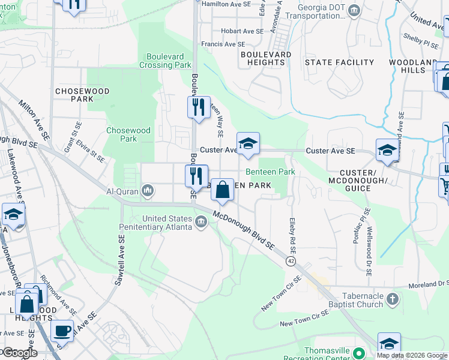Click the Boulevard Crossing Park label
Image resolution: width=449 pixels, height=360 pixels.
click(165, 61)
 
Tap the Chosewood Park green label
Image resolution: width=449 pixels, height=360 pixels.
click(121, 134)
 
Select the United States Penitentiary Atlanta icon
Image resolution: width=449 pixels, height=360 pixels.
click(200, 223)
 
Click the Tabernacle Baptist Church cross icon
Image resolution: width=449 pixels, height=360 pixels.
click(392, 298)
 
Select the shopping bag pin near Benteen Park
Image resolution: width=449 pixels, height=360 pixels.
click(222, 190)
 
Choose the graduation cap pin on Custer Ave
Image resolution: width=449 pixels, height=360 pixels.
click(247, 143)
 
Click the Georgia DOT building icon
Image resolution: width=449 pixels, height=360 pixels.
click(354, 10)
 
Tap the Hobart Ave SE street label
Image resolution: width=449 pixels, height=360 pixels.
click(242, 31)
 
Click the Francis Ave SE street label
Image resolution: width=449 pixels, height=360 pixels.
click(223, 44)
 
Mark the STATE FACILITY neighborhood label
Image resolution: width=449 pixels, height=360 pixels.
click(339, 62)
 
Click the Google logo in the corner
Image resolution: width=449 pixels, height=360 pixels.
click(20, 353)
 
